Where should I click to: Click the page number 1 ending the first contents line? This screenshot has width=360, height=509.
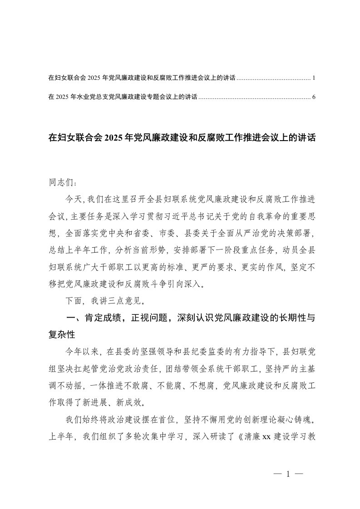(x=314, y=78)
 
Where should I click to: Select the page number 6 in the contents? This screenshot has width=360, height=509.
(x=314, y=97)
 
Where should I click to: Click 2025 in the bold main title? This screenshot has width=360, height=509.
(x=115, y=137)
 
